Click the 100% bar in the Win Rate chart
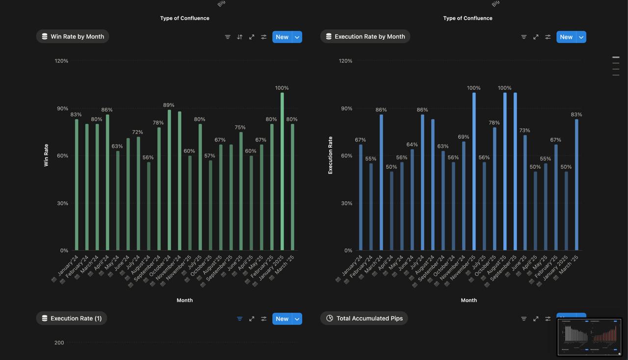[x=282, y=172]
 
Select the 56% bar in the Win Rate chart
[x=149, y=206]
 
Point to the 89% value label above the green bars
[x=169, y=105]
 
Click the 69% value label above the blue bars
[x=463, y=137]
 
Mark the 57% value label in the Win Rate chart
[x=209, y=156]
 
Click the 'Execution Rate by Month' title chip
[x=365, y=36]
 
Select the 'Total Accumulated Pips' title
[x=364, y=318]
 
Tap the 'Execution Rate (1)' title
[x=72, y=318]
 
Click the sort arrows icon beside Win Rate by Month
[x=239, y=37]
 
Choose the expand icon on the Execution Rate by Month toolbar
[x=536, y=37]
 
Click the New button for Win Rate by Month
[x=282, y=37]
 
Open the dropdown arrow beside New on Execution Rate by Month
[x=581, y=37]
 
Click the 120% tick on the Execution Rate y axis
[x=345, y=61]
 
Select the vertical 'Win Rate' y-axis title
[x=46, y=155]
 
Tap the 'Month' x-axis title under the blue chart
[x=469, y=300]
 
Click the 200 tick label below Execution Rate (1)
[x=59, y=343]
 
